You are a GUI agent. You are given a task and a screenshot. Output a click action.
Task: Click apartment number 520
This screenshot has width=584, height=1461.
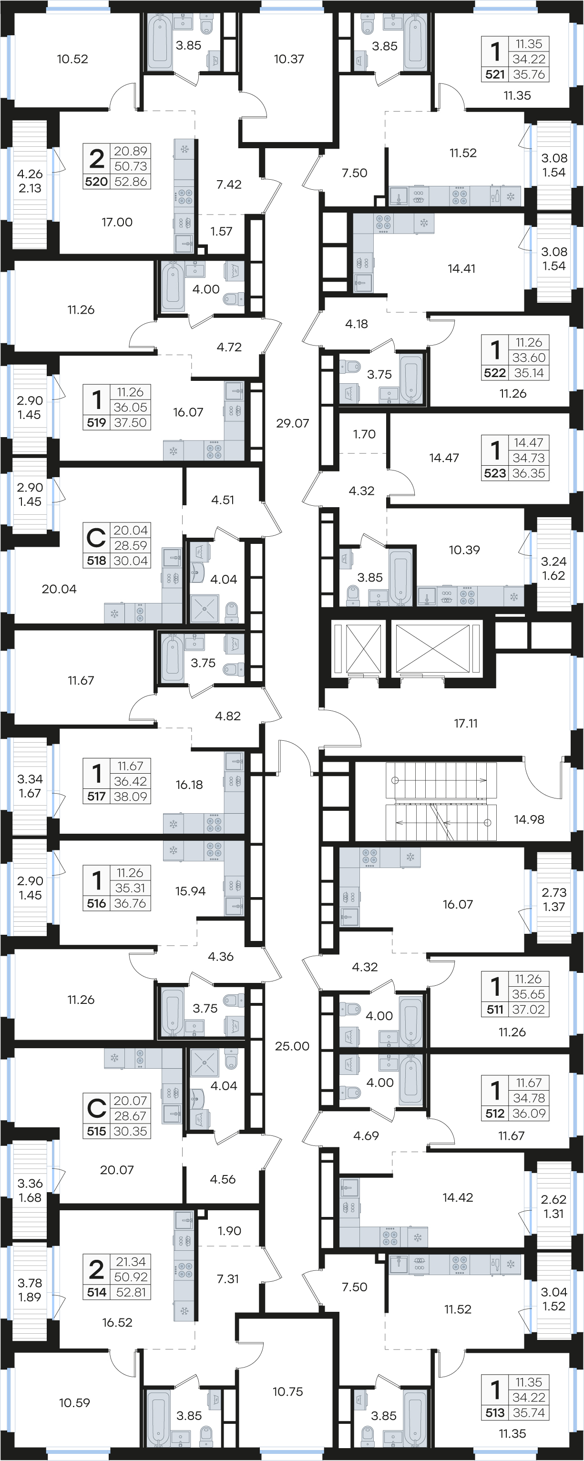(x=96, y=182)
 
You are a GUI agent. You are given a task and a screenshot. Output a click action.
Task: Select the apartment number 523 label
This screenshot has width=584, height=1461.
(x=495, y=473)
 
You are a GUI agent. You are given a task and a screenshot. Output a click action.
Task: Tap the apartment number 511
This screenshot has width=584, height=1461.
(x=495, y=1010)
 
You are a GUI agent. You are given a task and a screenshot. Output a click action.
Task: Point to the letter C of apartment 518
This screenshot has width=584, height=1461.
(x=96, y=538)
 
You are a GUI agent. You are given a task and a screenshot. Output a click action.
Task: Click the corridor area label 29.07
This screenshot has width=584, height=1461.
(x=293, y=423)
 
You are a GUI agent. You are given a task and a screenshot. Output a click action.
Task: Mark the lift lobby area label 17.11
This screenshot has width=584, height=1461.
(x=465, y=723)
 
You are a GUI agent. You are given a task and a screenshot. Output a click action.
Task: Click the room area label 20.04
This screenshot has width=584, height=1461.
(x=59, y=589)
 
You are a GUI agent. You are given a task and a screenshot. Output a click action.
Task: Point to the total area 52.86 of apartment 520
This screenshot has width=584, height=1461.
(x=131, y=182)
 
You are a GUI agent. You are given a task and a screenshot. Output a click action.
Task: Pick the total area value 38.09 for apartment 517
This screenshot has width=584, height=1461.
(x=131, y=797)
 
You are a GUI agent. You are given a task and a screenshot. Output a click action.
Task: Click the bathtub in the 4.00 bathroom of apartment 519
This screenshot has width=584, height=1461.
(x=173, y=287)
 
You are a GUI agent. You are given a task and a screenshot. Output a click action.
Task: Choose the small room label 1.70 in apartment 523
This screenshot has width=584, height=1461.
(x=364, y=434)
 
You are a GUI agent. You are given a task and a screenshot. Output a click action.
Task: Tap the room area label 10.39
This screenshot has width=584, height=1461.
(x=464, y=550)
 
